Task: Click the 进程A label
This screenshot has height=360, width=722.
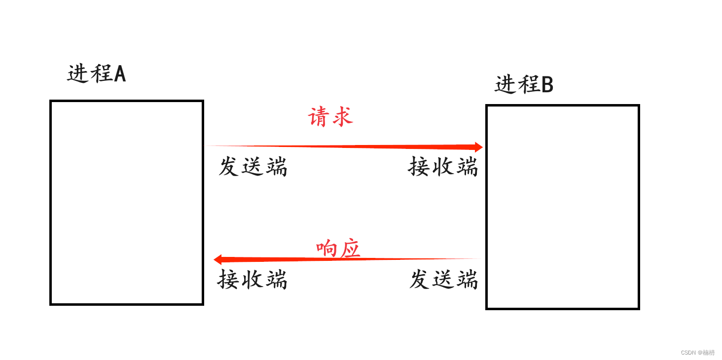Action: (97, 74)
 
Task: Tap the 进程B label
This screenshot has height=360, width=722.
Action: (524, 85)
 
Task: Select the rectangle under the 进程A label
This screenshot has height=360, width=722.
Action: (127, 203)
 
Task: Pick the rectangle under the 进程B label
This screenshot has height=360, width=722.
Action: (562, 207)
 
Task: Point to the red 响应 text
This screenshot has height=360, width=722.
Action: (338, 249)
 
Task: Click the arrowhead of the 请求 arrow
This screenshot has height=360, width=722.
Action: (478, 147)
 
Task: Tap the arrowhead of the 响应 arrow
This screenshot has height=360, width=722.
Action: (217, 259)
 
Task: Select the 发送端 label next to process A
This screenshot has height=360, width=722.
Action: (253, 167)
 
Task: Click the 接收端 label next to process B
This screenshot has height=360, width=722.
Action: (443, 167)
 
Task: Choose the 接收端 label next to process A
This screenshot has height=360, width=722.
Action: (252, 280)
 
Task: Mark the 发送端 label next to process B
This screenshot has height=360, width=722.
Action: (443, 280)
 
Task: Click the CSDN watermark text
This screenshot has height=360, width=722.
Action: (697, 353)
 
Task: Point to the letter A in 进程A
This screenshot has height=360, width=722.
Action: (120, 74)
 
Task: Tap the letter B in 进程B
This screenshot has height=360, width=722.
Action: (547, 85)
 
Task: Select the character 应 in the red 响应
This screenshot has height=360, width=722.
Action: (350, 249)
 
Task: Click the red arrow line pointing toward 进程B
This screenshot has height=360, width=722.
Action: (345, 146)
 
